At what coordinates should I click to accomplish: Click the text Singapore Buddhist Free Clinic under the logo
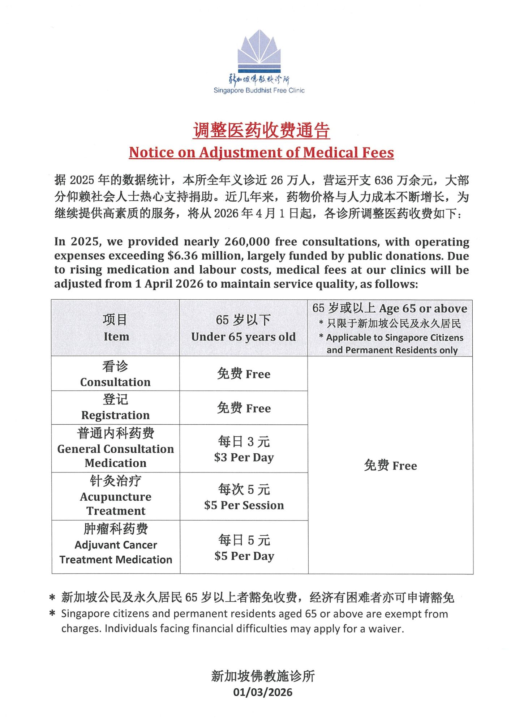click(259, 90)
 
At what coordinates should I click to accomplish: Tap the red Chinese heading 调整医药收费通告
click(261, 131)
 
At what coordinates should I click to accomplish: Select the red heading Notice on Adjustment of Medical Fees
click(261, 153)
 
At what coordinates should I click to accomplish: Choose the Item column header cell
click(116, 328)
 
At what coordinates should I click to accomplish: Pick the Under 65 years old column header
click(243, 328)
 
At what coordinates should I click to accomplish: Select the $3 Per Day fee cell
click(244, 449)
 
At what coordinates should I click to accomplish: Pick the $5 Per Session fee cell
click(244, 497)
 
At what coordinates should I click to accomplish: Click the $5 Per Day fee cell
click(244, 548)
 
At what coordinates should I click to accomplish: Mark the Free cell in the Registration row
click(244, 408)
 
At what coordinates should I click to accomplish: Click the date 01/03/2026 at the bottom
click(263, 692)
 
